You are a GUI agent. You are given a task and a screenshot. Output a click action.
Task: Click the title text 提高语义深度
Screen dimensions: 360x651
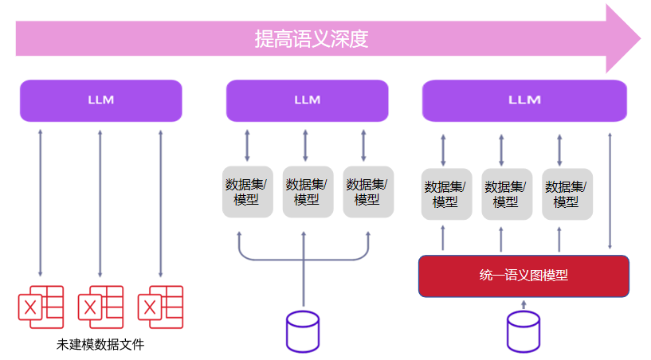[x=311, y=38]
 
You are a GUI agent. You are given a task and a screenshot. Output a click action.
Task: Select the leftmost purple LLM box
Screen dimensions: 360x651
[x=101, y=100]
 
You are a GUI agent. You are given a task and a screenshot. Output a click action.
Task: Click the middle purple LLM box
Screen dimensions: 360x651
[x=307, y=100]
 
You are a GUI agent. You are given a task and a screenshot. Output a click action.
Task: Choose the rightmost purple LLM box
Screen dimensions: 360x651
[x=524, y=100]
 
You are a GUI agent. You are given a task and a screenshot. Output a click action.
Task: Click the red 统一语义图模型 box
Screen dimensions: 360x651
[x=524, y=276]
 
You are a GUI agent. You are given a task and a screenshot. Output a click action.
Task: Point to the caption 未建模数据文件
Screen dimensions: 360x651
[x=100, y=345]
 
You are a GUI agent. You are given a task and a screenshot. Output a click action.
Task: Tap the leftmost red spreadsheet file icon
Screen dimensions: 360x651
[x=41, y=307]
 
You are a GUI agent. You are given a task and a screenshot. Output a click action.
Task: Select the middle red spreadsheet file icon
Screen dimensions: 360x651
[x=100, y=307]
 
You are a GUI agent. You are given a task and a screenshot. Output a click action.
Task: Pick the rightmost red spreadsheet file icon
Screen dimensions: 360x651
[x=160, y=307]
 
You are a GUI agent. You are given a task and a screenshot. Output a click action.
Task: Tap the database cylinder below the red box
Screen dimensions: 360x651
[x=524, y=331]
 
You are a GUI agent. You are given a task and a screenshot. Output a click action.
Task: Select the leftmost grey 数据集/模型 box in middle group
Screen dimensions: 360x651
[x=247, y=192]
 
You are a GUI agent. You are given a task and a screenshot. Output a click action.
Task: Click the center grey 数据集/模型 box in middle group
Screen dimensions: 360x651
[x=307, y=192]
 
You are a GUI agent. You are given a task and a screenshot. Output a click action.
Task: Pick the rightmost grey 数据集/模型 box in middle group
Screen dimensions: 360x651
[x=367, y=192]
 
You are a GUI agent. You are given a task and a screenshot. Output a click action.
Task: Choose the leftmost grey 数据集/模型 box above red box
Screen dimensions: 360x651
[x=445, y=194]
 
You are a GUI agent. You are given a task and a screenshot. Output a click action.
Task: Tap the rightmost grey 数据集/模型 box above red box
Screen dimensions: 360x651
[x=567, y=194]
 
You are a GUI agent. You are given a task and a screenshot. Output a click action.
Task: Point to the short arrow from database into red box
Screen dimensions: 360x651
[x=524, y=304]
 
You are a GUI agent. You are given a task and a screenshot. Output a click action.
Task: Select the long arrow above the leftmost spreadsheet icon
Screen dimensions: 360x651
[x=40, y=203]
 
